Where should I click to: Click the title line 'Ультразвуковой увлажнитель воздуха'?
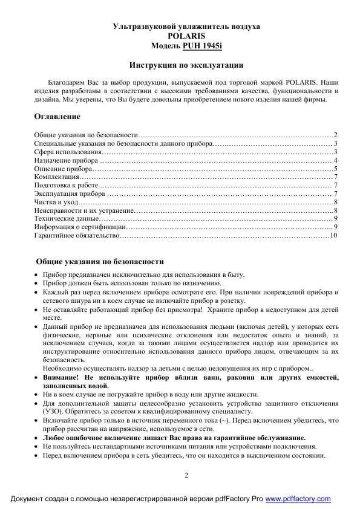(187, 27)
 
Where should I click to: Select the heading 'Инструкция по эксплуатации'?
(187, 65)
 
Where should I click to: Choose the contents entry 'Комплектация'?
(56, 177)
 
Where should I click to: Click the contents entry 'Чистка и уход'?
(56, 201)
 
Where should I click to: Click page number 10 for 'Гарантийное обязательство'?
(332, 235)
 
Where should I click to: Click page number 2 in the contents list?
(335, 135)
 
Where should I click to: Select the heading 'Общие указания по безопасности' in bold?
(100, 262)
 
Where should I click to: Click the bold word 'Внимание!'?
(60, 376)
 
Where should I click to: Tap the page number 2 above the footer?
(186, 475)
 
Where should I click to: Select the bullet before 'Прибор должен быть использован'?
(36, 284)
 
